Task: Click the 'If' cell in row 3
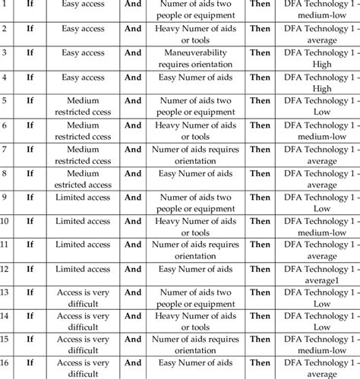click(30, 55)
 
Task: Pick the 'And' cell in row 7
click(133, 150)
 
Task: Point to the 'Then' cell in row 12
click(260, 269)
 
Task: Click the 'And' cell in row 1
click(133, 7)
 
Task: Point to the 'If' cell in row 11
click(30, 245)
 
